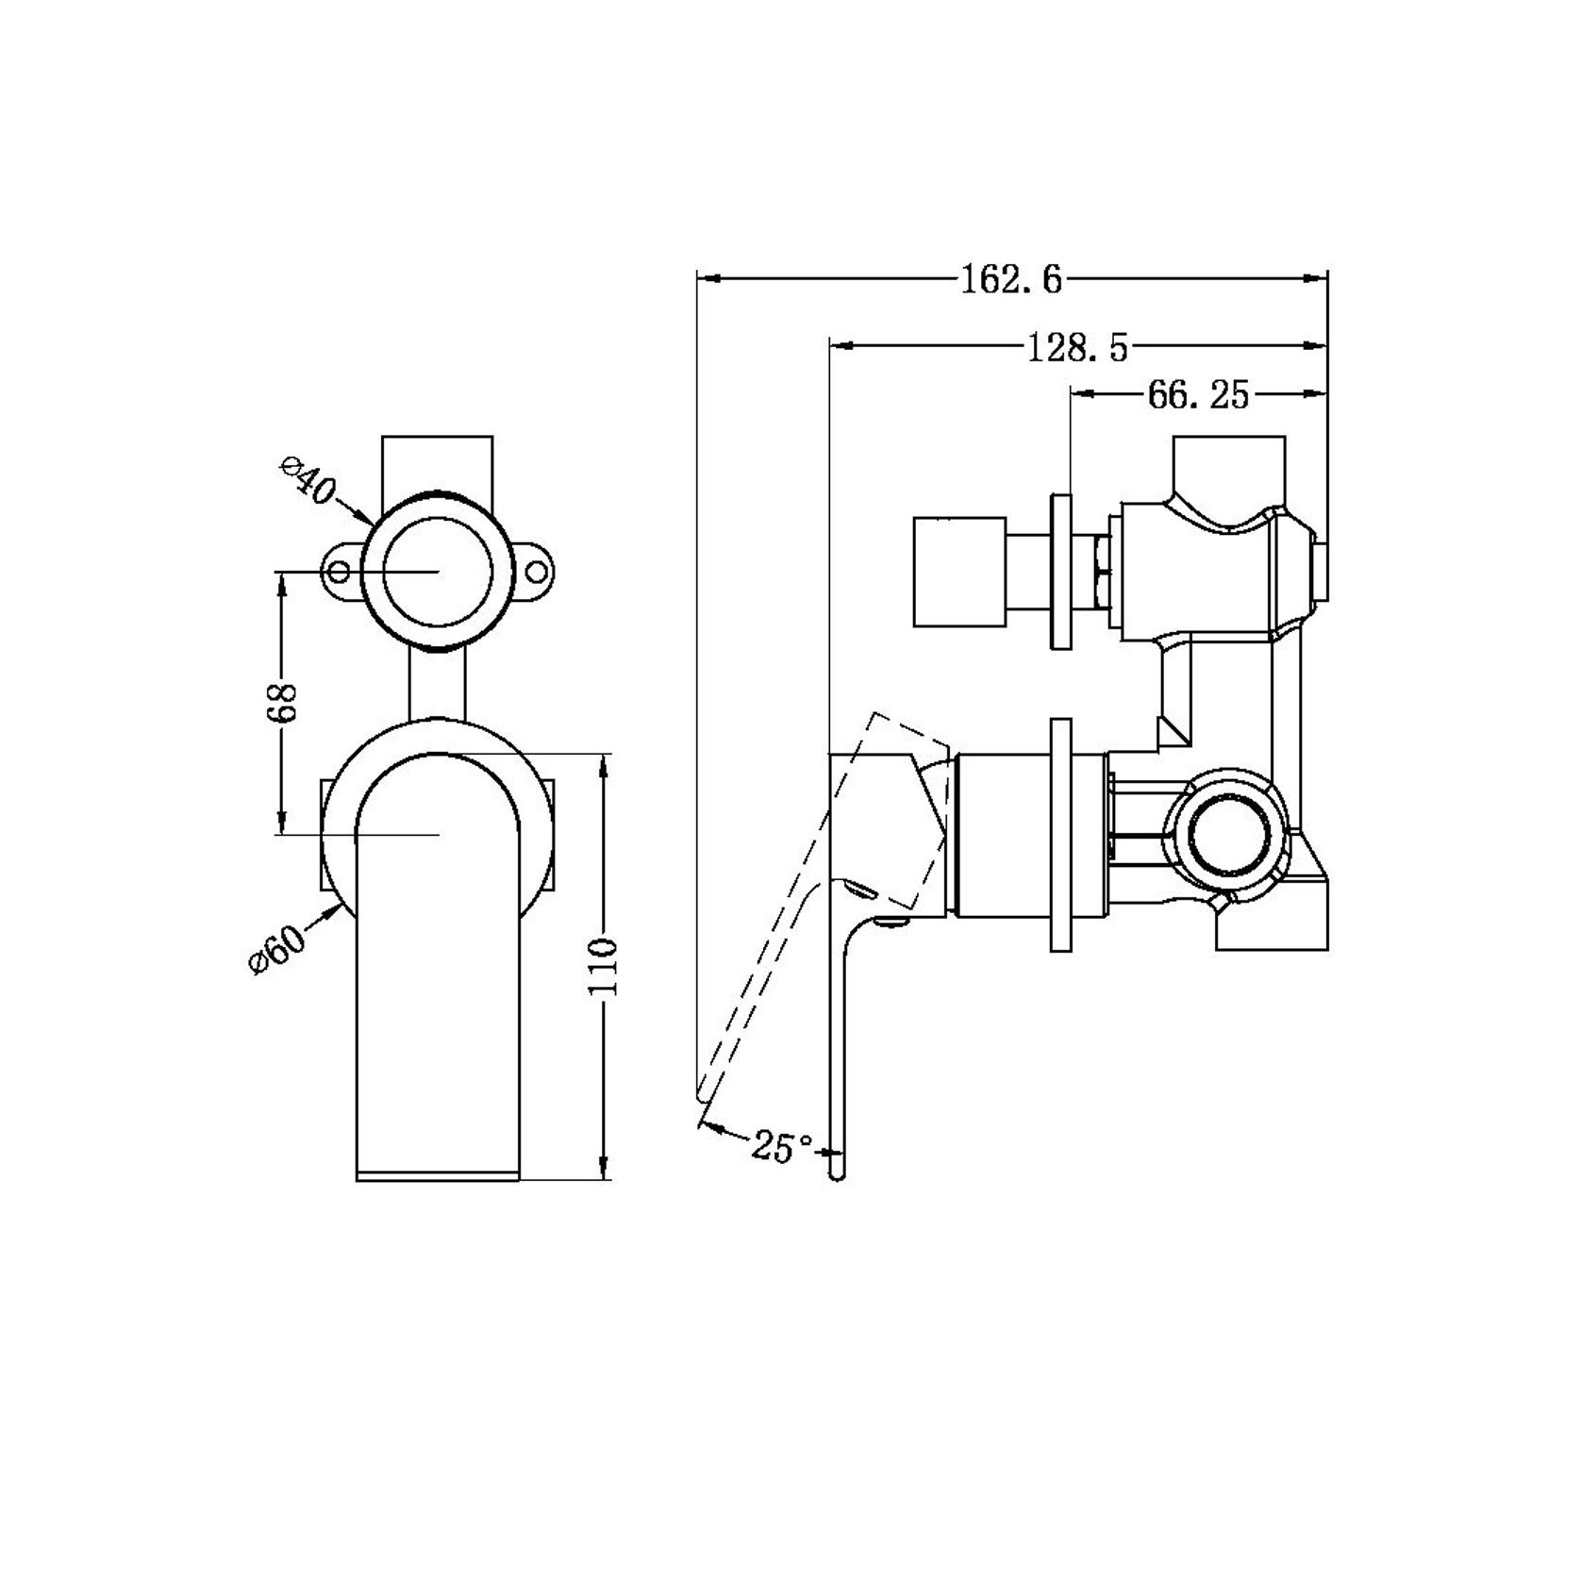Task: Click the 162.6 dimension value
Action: pos(1011,279)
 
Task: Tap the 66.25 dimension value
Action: pos(1198,395)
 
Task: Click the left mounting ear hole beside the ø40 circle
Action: pos(339,572)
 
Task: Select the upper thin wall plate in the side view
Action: pos(1060,570)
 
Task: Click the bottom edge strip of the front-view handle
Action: pos(438,1175)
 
